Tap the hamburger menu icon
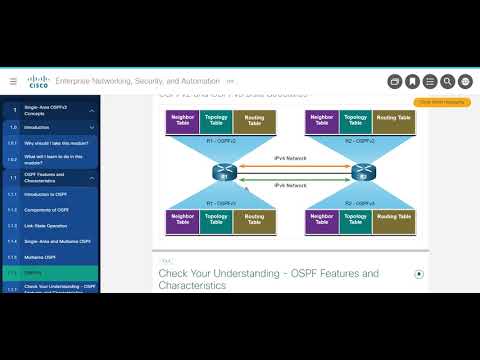click(13, 81)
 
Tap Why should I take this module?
click(56, 143)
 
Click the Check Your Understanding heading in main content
click(268, 279)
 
